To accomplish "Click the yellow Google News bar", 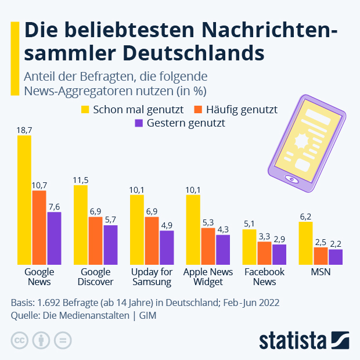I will click(x=24, y=200).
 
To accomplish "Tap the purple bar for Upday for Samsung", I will click(x=167, y=247).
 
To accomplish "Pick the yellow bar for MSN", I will click(x=306, y=243).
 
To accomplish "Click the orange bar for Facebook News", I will click(x=264, y=253).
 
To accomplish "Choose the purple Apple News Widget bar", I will click(x=223, y=250).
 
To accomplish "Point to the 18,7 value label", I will click(x=24, y=131).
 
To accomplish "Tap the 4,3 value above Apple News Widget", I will click(x=223, y=229).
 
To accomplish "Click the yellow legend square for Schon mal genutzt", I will click(x=85, y=109).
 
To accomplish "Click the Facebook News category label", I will click(x=264, y=277).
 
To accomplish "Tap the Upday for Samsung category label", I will click(x=152, y=277).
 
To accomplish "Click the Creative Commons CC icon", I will click(x=19, y=340).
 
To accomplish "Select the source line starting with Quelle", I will click(x=84, y=315).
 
